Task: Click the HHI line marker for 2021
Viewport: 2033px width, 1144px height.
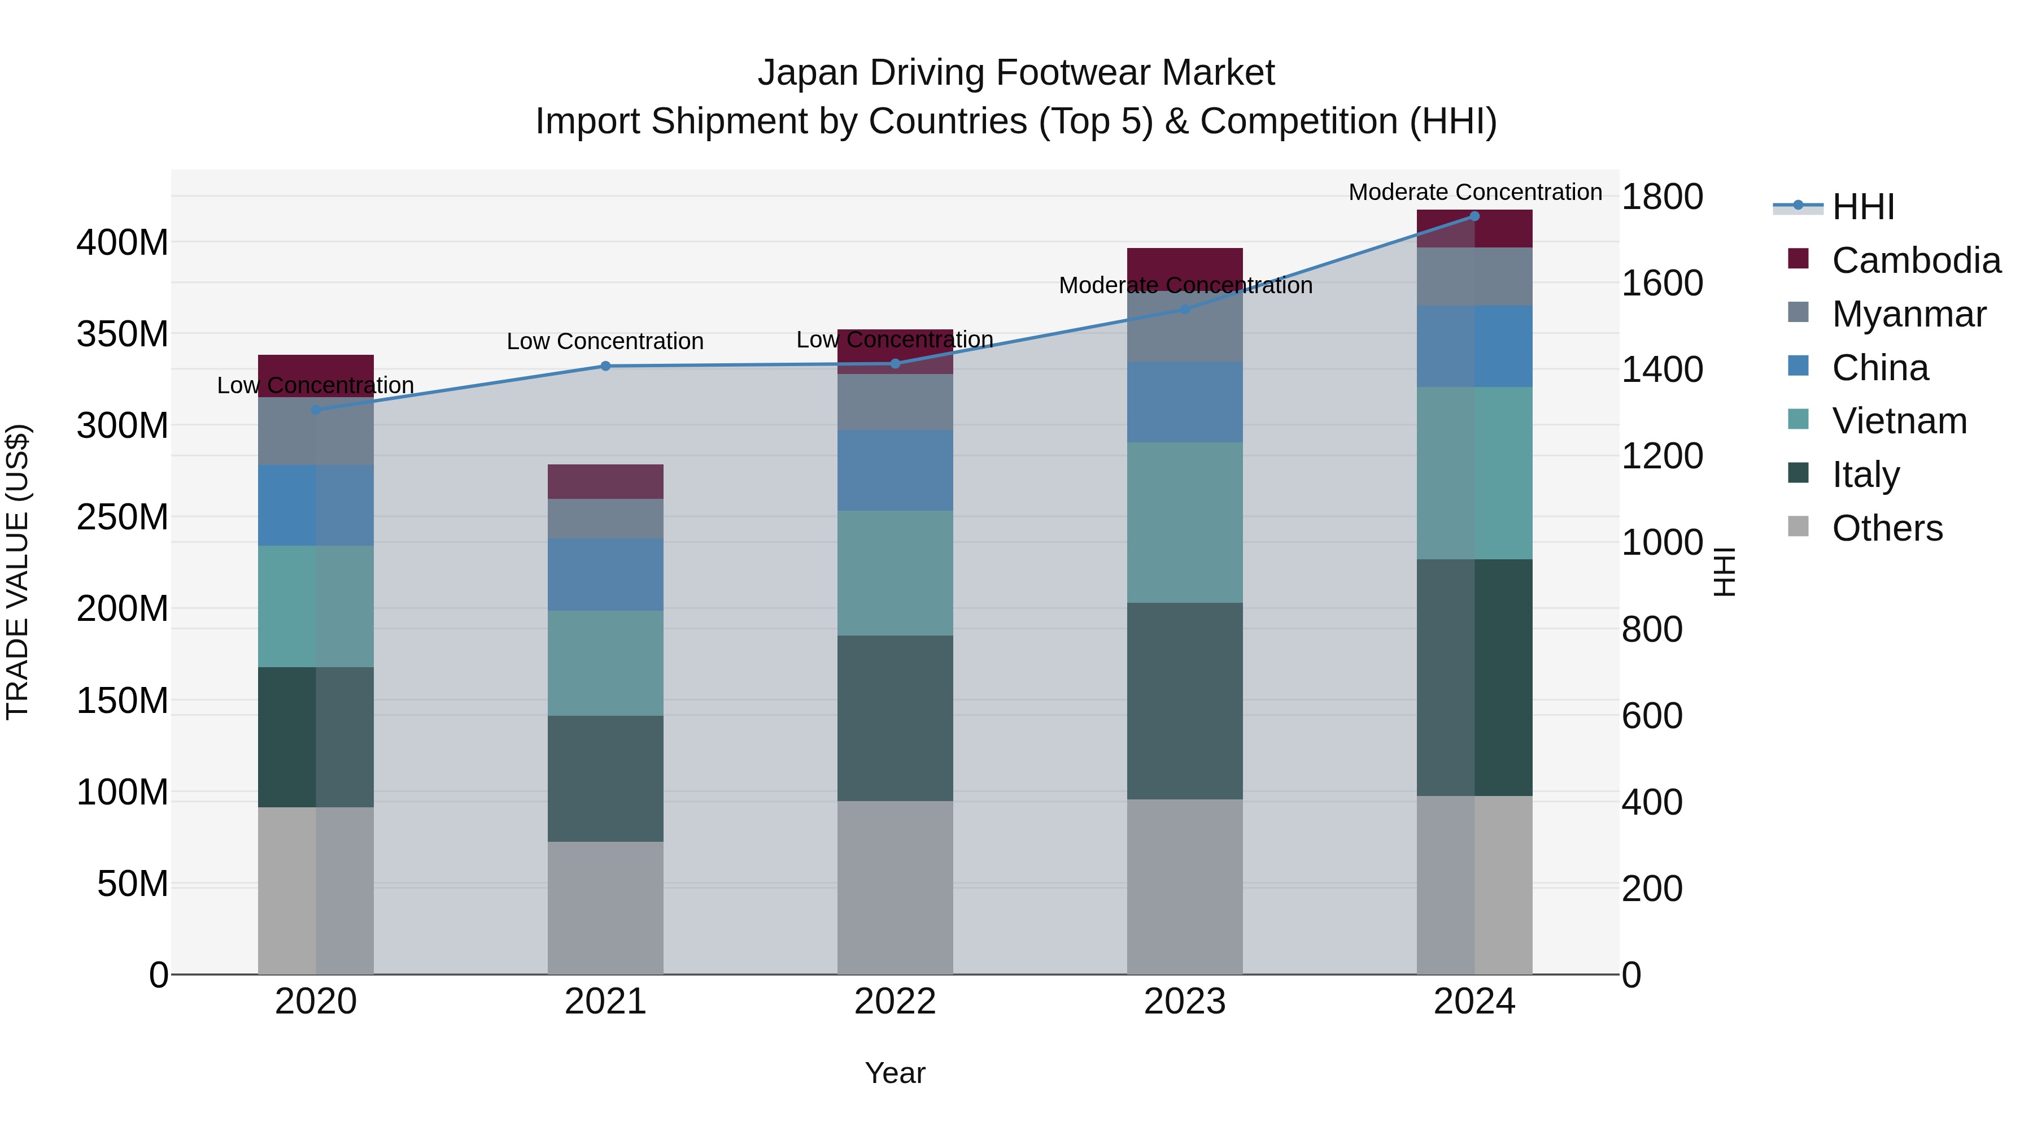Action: (605, 366)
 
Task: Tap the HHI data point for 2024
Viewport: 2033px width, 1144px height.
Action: (1474, 216)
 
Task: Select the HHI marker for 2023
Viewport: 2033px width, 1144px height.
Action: (1185, 310)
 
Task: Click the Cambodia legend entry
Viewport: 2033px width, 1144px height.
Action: (1916, 260)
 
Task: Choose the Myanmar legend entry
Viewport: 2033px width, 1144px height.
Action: (1908, 314)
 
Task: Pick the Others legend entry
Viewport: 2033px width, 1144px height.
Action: (1887, 528)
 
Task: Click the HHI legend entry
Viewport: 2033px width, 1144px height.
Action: (1862, 207)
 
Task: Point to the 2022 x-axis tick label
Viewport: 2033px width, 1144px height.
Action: (895, 1002)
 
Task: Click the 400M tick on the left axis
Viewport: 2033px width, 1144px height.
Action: (123, 242)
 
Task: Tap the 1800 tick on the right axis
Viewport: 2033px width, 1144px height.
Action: (1662, 197)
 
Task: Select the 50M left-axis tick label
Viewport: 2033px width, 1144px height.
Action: (133, 884)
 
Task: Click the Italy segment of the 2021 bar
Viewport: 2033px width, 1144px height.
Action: (605, 778)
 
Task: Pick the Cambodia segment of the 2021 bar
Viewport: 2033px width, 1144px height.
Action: (605, 481)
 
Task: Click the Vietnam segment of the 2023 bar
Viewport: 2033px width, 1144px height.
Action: (1185, 523)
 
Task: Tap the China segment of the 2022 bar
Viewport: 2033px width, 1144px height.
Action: (895, 471)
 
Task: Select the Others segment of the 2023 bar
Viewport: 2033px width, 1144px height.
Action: (1185, 886)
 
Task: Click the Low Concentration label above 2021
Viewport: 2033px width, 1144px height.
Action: (605, 341)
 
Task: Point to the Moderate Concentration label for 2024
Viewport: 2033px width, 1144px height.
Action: (1474, 192)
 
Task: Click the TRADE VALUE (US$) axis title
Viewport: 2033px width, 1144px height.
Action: (18, 572)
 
